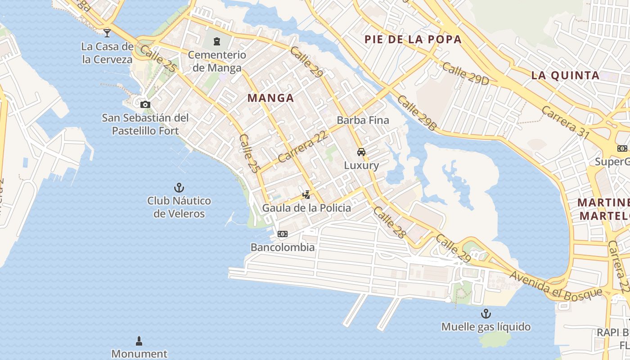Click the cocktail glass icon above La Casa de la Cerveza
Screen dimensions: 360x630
click(x=107, y=33)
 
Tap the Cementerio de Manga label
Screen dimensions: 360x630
click(x=217, y=61)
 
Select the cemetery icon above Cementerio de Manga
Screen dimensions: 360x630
click(x=217, y=42)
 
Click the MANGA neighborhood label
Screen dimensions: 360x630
click(x=270, y=98)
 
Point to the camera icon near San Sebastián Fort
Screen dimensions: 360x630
click(x=145, y=105)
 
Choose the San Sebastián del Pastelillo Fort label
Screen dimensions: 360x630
click(x=145, y=124)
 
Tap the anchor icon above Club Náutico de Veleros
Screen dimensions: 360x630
click(x=179, y=188)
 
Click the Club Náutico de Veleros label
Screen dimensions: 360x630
click(x=179, y=207)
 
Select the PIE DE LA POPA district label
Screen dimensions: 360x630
click(x=413, y=39)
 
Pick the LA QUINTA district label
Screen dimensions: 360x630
click(x=565, y=75)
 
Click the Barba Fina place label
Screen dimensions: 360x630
click(x=363, y=120)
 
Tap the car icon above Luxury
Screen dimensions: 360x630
click(x=361, y=152)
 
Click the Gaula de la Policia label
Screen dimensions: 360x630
click(x=306, y=208)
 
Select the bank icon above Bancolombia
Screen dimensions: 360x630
click(x=283, y=234)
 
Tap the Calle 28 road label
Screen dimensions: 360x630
click(x=390, y=222)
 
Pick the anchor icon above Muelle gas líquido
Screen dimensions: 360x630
click(x=486, y=314)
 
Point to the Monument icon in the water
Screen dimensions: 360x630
click(x=139, y=341)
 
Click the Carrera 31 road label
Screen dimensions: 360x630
click(x=565, y=120)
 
